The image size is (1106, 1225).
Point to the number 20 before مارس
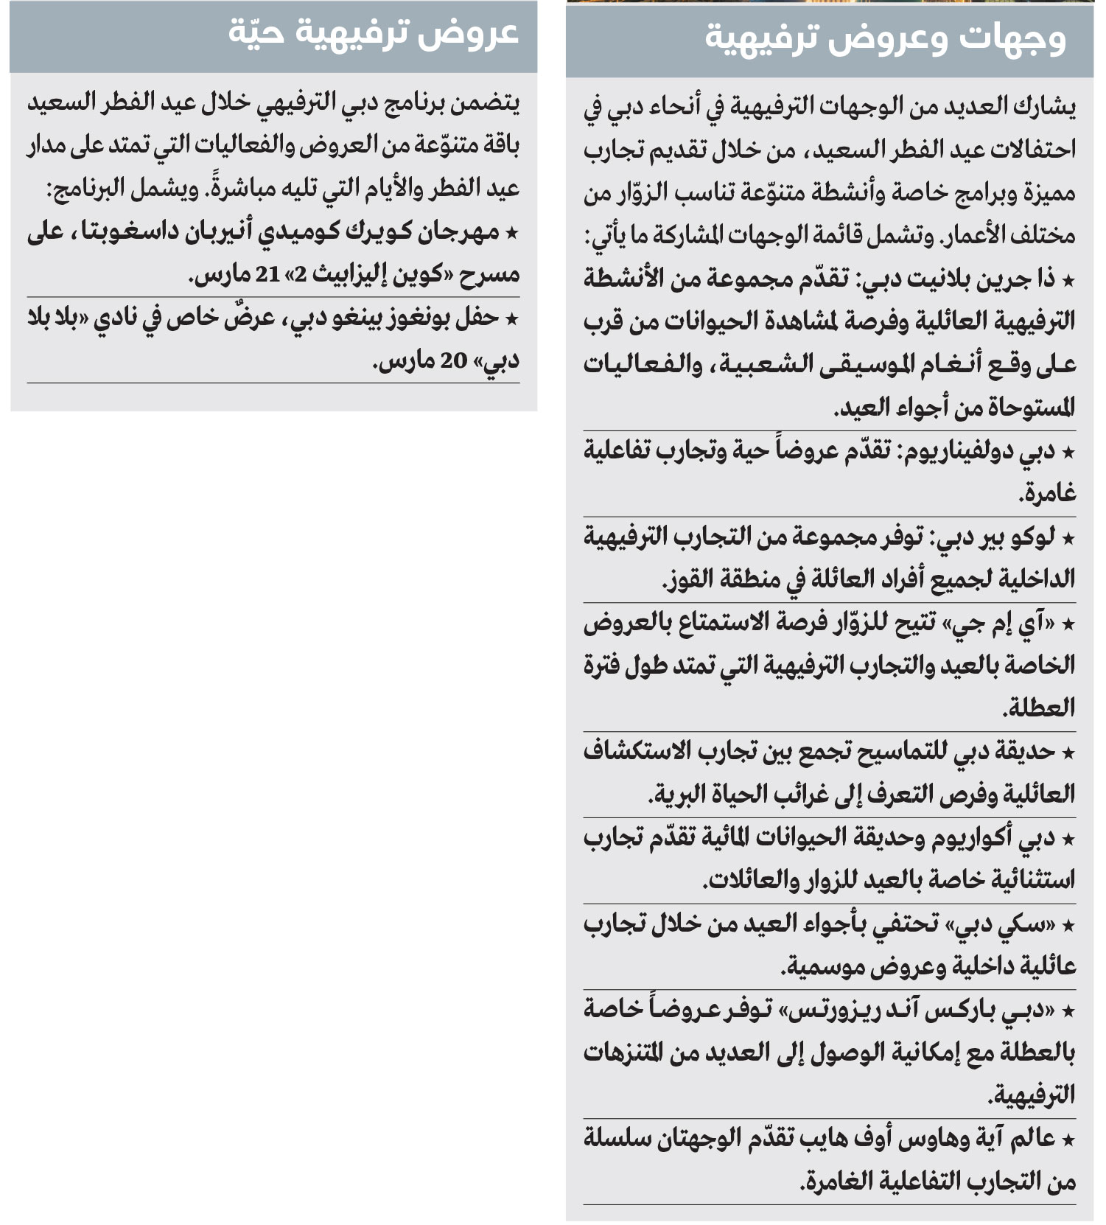(x=454, y=360)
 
